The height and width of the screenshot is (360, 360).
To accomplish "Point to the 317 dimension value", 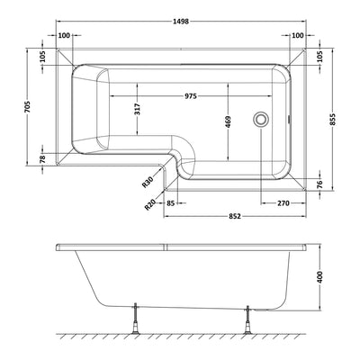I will (138, 112).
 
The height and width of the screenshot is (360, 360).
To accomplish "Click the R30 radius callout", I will (148, 183).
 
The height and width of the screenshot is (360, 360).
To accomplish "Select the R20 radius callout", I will (150, 205).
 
